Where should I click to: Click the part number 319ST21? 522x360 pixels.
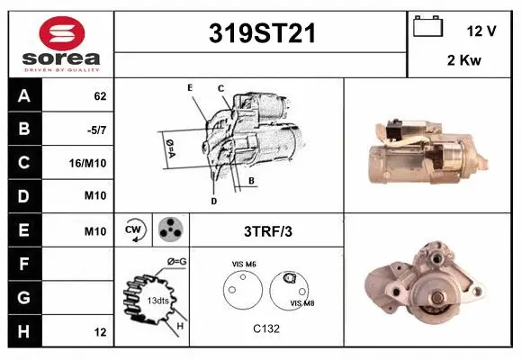tap(262, 34)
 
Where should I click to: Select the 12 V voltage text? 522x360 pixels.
tap(481, 31)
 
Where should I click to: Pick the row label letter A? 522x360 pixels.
tap(24, 94)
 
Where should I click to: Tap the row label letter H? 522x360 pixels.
tap(24, 332)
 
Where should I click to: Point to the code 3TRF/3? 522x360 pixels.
tap(267, 231)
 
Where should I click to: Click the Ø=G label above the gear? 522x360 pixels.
tap(176, 262)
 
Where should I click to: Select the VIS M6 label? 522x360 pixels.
tap(244, 265)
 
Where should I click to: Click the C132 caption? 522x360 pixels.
tap(267, 329)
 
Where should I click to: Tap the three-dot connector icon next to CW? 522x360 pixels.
tap(169, 229)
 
